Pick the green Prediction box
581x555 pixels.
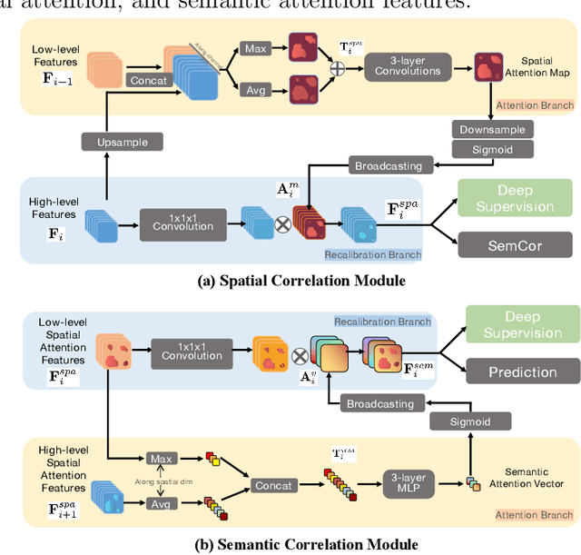pyautogui.click(x=522, y=372)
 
